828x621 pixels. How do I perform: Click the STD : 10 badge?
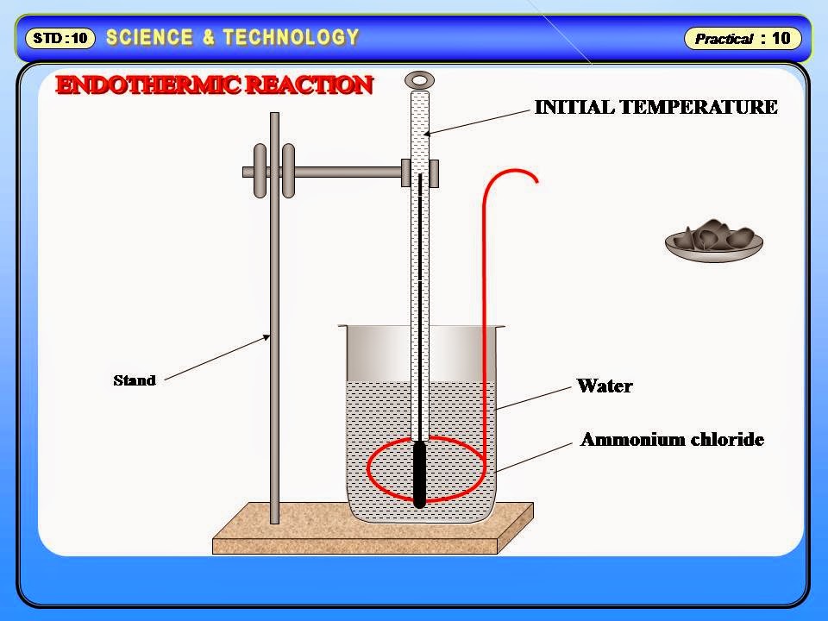pos(60,38)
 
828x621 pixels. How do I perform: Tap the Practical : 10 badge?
pos(743,38)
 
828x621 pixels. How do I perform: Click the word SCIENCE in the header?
pos(149,37)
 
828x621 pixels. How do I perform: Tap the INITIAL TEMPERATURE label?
pos(655,107)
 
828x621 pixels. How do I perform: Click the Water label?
pos(605,386)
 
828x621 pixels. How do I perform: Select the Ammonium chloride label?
pos(672,440)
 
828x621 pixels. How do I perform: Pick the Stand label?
pos(135,380)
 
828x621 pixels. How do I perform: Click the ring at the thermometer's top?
pos(419,80)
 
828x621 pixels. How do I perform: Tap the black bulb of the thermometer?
pos(420,474)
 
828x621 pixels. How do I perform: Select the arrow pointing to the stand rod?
pos(216,358)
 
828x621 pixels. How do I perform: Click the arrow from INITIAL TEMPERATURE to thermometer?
pos(479,120)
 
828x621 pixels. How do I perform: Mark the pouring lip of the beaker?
pos(343,328)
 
